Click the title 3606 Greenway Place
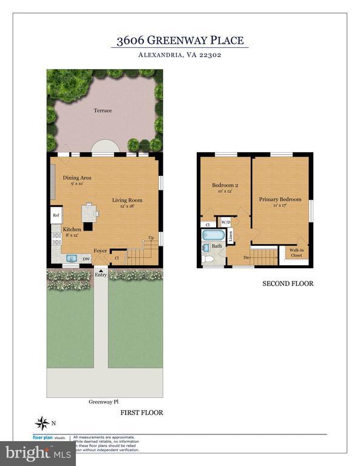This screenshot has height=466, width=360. pos(180,41)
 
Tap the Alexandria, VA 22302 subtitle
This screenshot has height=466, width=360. pos(180,56)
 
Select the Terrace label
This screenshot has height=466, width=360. pos(103,111)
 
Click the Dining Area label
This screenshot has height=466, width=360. pos(77,178)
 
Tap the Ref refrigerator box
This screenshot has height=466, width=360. pos(56,215)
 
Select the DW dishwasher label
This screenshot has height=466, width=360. pos(86,259)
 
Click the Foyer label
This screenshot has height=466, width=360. pos(100,250)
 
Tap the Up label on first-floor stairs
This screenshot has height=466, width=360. pos(151,238)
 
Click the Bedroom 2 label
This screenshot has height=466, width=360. pos(224,185)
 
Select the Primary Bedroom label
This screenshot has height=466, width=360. pos(280,199)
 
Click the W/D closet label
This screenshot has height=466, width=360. pos(226,222)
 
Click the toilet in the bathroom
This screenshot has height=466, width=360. pos(208,258)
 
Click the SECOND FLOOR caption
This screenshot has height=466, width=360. pos(288,283)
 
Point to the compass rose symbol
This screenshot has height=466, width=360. pos(42,422)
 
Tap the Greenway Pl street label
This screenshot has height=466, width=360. pos(103,402)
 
